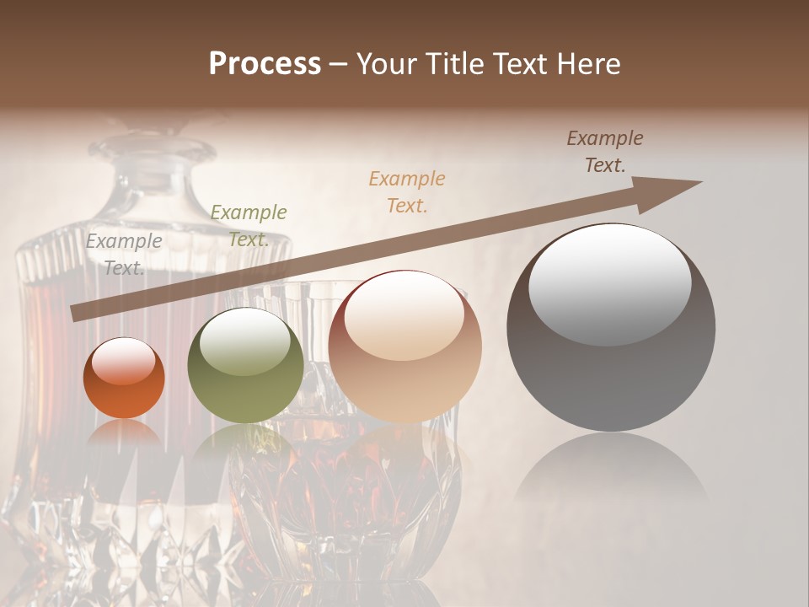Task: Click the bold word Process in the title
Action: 265,64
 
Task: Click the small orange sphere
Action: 124,378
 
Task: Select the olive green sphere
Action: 245,365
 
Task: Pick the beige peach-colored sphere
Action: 404,346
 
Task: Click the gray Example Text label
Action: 124,254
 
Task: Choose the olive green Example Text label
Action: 248,225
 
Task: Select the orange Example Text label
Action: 407,191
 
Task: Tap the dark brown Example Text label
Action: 604,152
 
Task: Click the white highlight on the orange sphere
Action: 123,362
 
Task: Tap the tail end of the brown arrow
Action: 76,314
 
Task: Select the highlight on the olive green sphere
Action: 245,341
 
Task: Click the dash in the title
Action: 338,64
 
